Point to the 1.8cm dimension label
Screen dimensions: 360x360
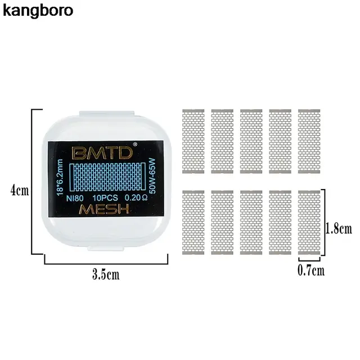(x=339, y=228)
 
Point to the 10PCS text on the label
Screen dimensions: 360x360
(x=104, y=197)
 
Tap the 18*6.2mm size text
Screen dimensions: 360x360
(x=60, y=175)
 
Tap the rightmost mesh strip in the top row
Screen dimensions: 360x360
(x=309, y=138)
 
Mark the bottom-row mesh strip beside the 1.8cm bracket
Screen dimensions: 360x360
(x=309, y=223)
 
